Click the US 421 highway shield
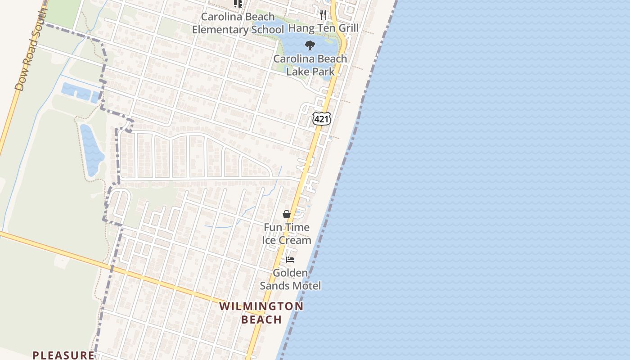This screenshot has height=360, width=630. (x=322, y=119)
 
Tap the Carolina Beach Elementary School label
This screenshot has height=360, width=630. (x=238, y=23)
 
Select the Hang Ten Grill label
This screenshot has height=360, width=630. (x=323, y=28)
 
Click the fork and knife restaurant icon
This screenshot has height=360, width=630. (x=323, y=14)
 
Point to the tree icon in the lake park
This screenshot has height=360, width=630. (x=310, y=45)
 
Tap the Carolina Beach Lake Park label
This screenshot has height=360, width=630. (x=310, y=65)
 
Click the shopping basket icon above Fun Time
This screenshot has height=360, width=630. (x=286, y=214)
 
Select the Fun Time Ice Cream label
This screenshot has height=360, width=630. (x=287, y=234)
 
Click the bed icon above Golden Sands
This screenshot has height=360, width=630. (x=290, y=260)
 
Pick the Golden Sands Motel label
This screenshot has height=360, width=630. (x=290, y=279)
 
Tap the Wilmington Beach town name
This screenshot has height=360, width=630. (x=261, y=313)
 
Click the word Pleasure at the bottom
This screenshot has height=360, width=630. (x=63, y=355)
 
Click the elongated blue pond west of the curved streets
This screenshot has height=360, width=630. (x=91, y=149)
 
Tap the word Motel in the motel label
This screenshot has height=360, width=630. (x=306, y=286)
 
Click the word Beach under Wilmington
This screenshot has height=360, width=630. (x=261, y=319)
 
